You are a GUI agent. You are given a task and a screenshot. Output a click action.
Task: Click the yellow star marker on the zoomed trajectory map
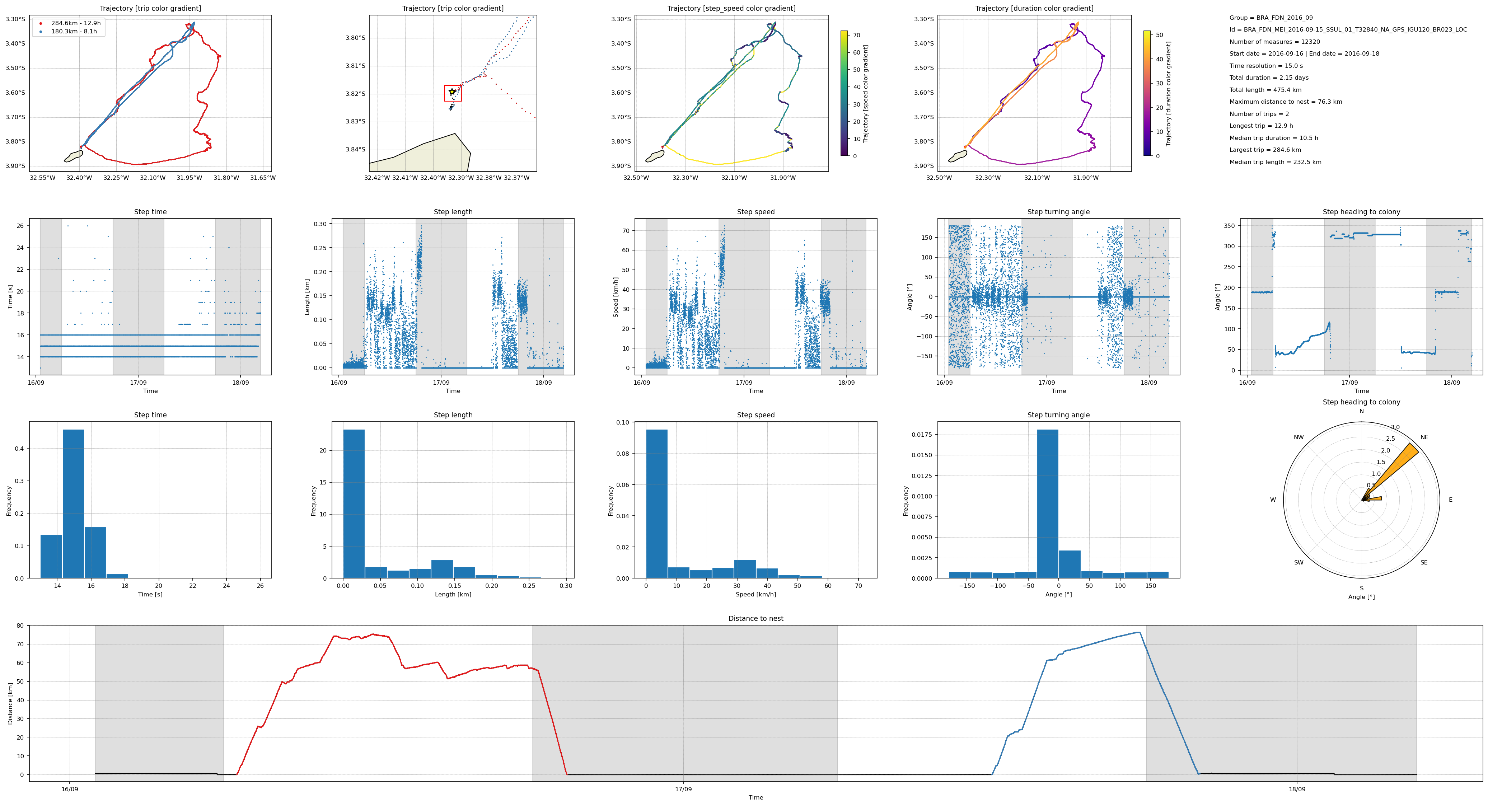pyautogui.click(x=452, y=91)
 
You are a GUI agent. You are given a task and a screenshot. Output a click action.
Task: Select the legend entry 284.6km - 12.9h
pyautogui.click(x=75, y=23)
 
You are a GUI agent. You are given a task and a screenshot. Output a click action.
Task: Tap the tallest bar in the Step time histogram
pyautogui.click(x=73, y=503)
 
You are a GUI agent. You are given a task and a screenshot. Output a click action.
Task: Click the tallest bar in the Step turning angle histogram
pyautogui.click(x=1047, y=503)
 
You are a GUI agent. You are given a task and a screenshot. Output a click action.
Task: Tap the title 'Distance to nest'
pyautogui.click(x=755, y=618)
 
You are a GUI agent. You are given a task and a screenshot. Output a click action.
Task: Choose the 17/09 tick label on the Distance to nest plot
pyautogui.click(x=683, y=789)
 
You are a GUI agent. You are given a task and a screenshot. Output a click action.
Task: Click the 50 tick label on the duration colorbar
pyautogui.click(x=1159, y=35)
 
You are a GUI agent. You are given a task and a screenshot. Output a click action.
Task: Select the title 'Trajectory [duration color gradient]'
pyautogui.click(x=1034, y=8)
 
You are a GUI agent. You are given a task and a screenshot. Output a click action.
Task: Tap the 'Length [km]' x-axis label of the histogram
pyautogui.click(x=453, y=594)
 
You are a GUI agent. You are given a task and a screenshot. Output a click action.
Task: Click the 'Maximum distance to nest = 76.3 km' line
pyautogui.click(x=1285, y=102)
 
